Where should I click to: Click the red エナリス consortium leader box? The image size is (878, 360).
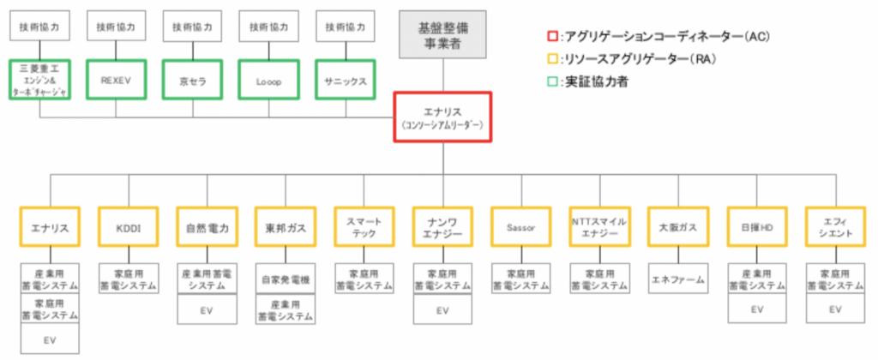click(442, 117)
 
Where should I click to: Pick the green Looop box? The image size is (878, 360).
click(269, 79)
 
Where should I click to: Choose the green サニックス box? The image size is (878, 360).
click(347, 79)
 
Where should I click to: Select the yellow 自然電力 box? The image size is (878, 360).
click(206, 229)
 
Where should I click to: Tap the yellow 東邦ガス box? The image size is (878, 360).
click(285, 229)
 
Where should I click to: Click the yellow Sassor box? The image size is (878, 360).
click(520, 229)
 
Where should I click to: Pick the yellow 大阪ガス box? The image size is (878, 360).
click(677, 229)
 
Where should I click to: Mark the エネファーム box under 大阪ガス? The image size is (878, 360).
click(677, 279)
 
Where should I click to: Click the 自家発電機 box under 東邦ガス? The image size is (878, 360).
click(285, 279)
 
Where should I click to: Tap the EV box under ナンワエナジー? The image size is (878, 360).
click(442, 310)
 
